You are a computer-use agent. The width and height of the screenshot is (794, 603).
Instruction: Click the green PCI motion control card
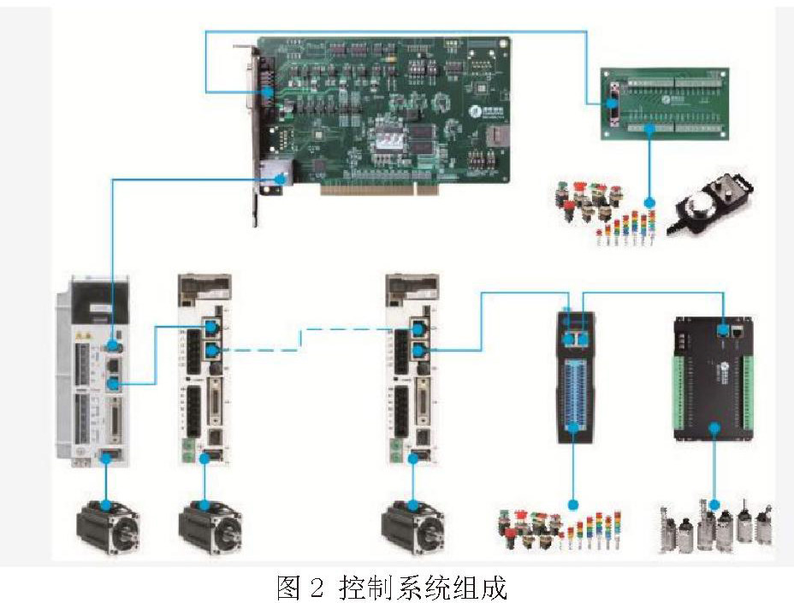(x=385, y=111)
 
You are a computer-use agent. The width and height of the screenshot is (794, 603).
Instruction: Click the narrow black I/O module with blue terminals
(x=575, y=375)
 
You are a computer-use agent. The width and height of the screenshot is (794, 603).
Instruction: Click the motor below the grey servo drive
(x=108, y=526)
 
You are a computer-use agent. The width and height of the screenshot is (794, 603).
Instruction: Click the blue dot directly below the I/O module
(x=574, y=504)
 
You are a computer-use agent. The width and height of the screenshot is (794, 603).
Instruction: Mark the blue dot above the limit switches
(x=714, y=505)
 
